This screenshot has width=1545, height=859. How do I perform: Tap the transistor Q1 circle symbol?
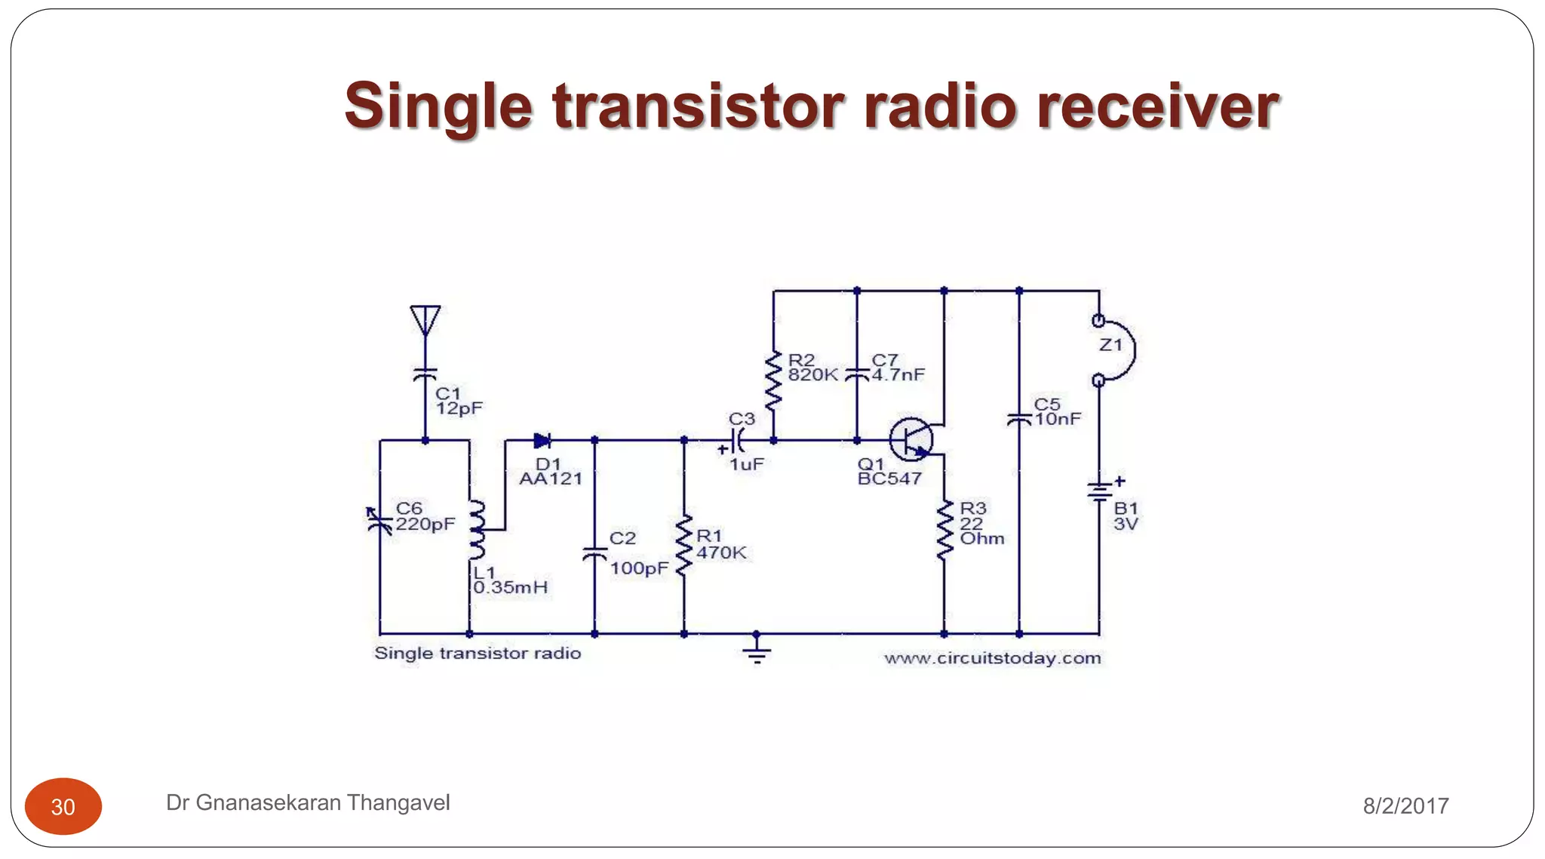pos(911,439)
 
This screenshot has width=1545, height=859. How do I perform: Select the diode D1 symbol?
pos(542,440)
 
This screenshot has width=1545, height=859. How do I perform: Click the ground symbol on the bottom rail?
pos(756,651)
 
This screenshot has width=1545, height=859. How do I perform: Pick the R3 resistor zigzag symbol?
pos(944,530)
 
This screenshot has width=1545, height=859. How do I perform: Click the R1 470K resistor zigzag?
pos(683,546)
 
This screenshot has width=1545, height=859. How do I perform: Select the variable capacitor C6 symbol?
pos(379,521)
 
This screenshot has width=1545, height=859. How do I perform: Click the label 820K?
pos(812,375)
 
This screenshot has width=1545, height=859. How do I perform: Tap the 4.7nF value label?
pos(898,375)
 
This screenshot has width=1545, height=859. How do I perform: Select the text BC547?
pos(889,479)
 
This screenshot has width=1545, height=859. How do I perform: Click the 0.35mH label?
pos(510,587)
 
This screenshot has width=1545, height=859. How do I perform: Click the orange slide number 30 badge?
pos(63,806)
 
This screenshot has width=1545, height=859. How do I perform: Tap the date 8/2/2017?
pos(1405,806)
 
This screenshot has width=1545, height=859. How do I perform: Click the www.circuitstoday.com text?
pos(992,658)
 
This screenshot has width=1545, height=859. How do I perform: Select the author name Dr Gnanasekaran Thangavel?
pos(308,802)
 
